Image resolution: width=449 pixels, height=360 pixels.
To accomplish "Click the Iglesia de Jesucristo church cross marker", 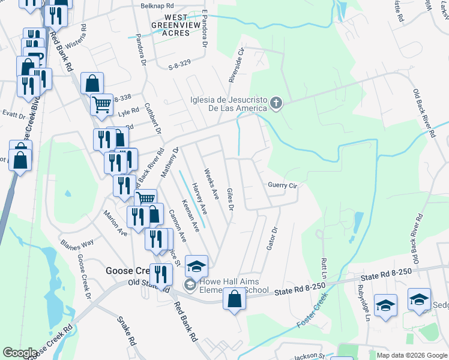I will tap(276, 103).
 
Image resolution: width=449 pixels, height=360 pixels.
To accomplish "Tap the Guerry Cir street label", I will tap(282, 185).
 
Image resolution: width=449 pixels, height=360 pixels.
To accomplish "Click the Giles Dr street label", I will tap(230, 199).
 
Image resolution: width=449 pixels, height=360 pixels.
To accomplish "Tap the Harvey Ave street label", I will tap(199, 199).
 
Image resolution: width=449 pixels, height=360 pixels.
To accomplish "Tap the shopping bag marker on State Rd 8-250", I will tap(235, 298).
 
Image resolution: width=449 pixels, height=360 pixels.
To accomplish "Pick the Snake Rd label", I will tap(127, 331).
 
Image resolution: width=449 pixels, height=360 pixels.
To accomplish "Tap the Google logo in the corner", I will tap(20, 353).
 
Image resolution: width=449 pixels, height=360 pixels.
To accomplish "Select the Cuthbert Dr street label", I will tap(154, 119).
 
